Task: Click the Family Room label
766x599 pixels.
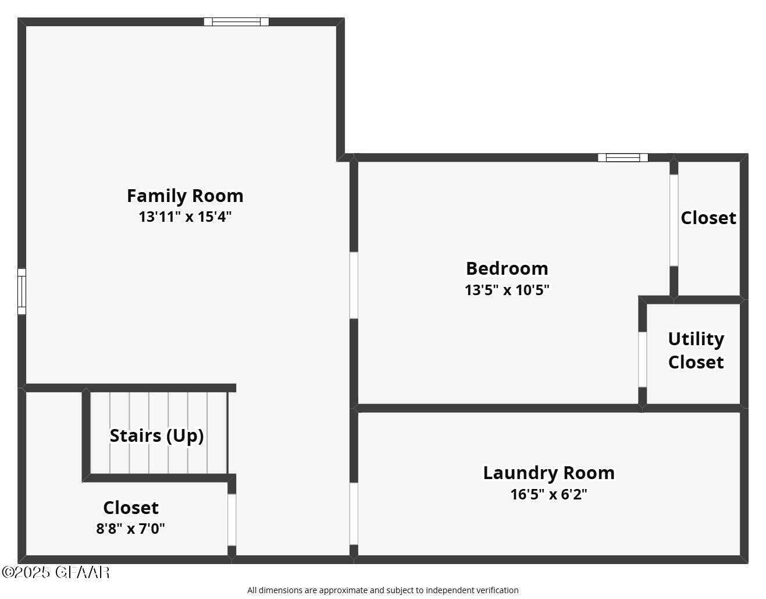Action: [x=185, y=196]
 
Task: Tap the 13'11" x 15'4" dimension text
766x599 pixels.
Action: [x=185, y=217]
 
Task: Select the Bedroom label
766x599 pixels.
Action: [x=507, y=268]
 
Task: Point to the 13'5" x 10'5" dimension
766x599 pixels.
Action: [x=507, y=290]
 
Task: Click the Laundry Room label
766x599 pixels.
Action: [x=548, y=473]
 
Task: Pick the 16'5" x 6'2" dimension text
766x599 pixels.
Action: [x=548, y=494]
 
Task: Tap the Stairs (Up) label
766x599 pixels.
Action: [x=156, y=435]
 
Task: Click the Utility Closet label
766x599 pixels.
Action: [x=696, y=350]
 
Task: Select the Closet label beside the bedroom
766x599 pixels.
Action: [x=708, y=218]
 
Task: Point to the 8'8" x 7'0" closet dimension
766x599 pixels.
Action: [x=130, y=529]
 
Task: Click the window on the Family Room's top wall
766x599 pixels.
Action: [x=236, y=22]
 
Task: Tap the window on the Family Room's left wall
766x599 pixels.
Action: [x=22, y=291]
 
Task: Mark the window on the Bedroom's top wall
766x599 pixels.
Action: [x=622, y=157]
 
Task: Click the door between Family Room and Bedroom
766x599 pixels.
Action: [x=354, y=285]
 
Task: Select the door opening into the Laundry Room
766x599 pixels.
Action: [x=354, y=513]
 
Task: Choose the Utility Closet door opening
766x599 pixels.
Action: [x=642, y=359]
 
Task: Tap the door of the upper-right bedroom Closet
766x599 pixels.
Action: [x=674, y=220]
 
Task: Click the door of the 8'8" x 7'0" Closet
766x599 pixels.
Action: [x=231, y=520]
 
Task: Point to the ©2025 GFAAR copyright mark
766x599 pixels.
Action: [x=55, y=572]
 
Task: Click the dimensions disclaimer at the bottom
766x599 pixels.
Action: [x=383, y=590]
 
